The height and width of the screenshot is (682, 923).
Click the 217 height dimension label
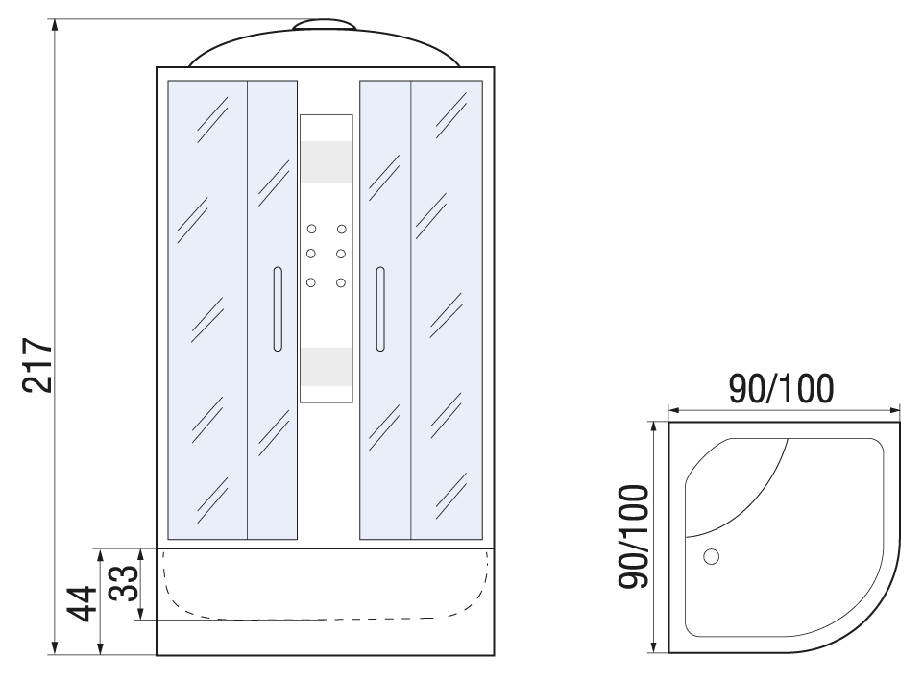pyautogui.click(x=37, y=365)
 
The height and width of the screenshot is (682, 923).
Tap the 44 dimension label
pyautogui.click(x=82, y=603)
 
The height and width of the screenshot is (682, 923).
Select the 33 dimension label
pyautogui.click(x=124, y=583)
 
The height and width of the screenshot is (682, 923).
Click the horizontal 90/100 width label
pyautogui.click(x=781, y=388)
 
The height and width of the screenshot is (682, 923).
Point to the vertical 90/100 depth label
pyautogui.click(x=633, y=537)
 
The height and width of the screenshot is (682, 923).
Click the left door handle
pyautogui.click(x=278, y=309)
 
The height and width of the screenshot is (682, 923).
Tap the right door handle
pyautogui.click(x=380, y=309)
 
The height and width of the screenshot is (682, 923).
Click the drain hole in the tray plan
pyautogui.click(x=712, y=556)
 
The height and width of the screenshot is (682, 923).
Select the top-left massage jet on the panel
pyautogui.click(x=311, y=229)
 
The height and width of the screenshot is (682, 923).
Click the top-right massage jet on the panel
pyautogui.click(x=341, y=229)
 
